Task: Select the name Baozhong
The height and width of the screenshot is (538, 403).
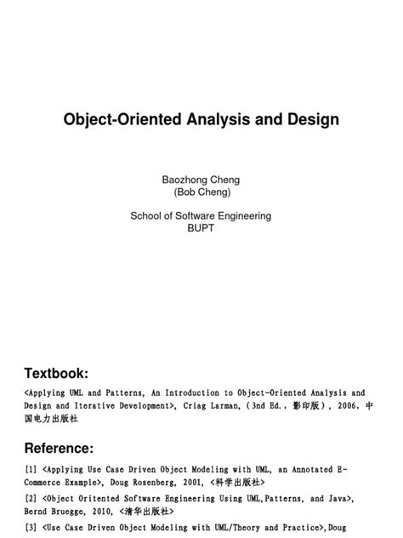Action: pos(184,180)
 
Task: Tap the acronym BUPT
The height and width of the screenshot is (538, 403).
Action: pos(201,228)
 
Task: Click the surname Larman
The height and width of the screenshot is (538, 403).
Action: pos(223,406)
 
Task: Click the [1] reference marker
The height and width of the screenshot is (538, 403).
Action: pos(31,468)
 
